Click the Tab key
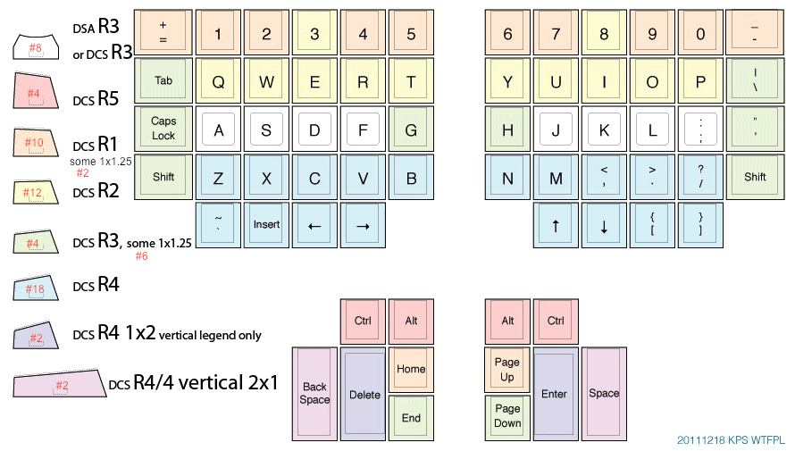(x=163, y=80)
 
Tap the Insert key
(x=266, y=225)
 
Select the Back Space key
(x=314, y=394)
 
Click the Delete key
(x=364, y=394)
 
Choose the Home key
(x=411, y=370)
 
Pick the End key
(x=411, y=418)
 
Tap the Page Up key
(x=507, y=370)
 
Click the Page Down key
(x=507, y=418)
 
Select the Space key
(x=604, y=394)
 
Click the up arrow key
(x=556, y=225)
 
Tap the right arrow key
(x=363, y=225)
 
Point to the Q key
(x=218, y=81)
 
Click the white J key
(x=556, y=129)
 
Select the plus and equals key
(x=163, y=33)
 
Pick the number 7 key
(x=556, y=34)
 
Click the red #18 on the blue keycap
(x=36, y=288)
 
